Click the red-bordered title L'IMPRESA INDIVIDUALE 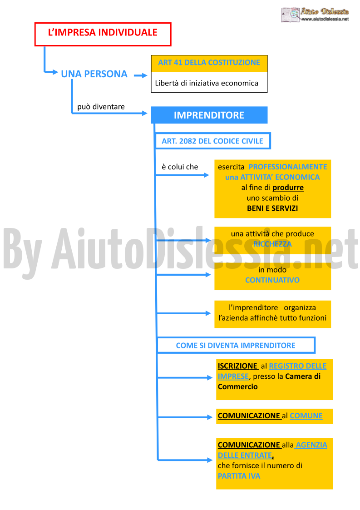103,34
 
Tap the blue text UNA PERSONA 94,74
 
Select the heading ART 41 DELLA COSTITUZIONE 209,63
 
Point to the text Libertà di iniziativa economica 207,83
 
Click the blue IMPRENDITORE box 209,115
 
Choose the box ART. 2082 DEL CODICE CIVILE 212,141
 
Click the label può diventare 101,107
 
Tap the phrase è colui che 180,167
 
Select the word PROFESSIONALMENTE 288,167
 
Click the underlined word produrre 288,188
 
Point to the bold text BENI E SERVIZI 272,208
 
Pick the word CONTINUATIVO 272,280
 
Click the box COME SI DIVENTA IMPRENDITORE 236,346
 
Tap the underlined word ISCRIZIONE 238,366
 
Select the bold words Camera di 303,376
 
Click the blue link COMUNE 306,416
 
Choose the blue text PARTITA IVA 239,476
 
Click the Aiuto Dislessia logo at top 315,15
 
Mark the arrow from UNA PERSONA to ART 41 140,75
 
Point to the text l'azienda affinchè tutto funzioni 272,318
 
